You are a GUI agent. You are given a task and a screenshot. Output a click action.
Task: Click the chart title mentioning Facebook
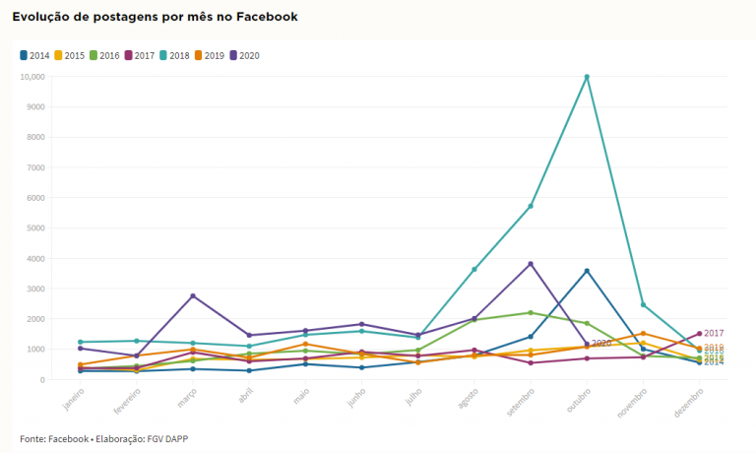155,17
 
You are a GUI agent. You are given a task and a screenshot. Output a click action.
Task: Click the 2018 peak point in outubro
587,77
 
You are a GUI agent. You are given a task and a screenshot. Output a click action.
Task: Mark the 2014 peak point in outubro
587,271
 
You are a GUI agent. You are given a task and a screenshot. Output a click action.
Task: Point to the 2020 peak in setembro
531,264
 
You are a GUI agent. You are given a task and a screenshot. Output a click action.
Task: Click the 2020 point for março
193,295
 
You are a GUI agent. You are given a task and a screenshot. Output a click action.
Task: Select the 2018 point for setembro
531,206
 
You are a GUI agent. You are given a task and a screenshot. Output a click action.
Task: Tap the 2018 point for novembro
643,304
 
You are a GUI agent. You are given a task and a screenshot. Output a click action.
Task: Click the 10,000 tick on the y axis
33,77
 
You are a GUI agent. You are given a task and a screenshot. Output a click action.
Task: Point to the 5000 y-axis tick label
37,228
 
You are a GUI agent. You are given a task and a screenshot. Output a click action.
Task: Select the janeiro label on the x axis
73,399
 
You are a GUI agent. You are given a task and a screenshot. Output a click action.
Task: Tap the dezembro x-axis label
691,401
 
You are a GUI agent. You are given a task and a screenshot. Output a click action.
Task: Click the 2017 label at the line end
715,334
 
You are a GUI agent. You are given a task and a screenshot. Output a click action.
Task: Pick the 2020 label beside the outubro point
601,343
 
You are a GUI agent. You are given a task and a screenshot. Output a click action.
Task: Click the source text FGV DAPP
167,438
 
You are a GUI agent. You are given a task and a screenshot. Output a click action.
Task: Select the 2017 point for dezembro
699,334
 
